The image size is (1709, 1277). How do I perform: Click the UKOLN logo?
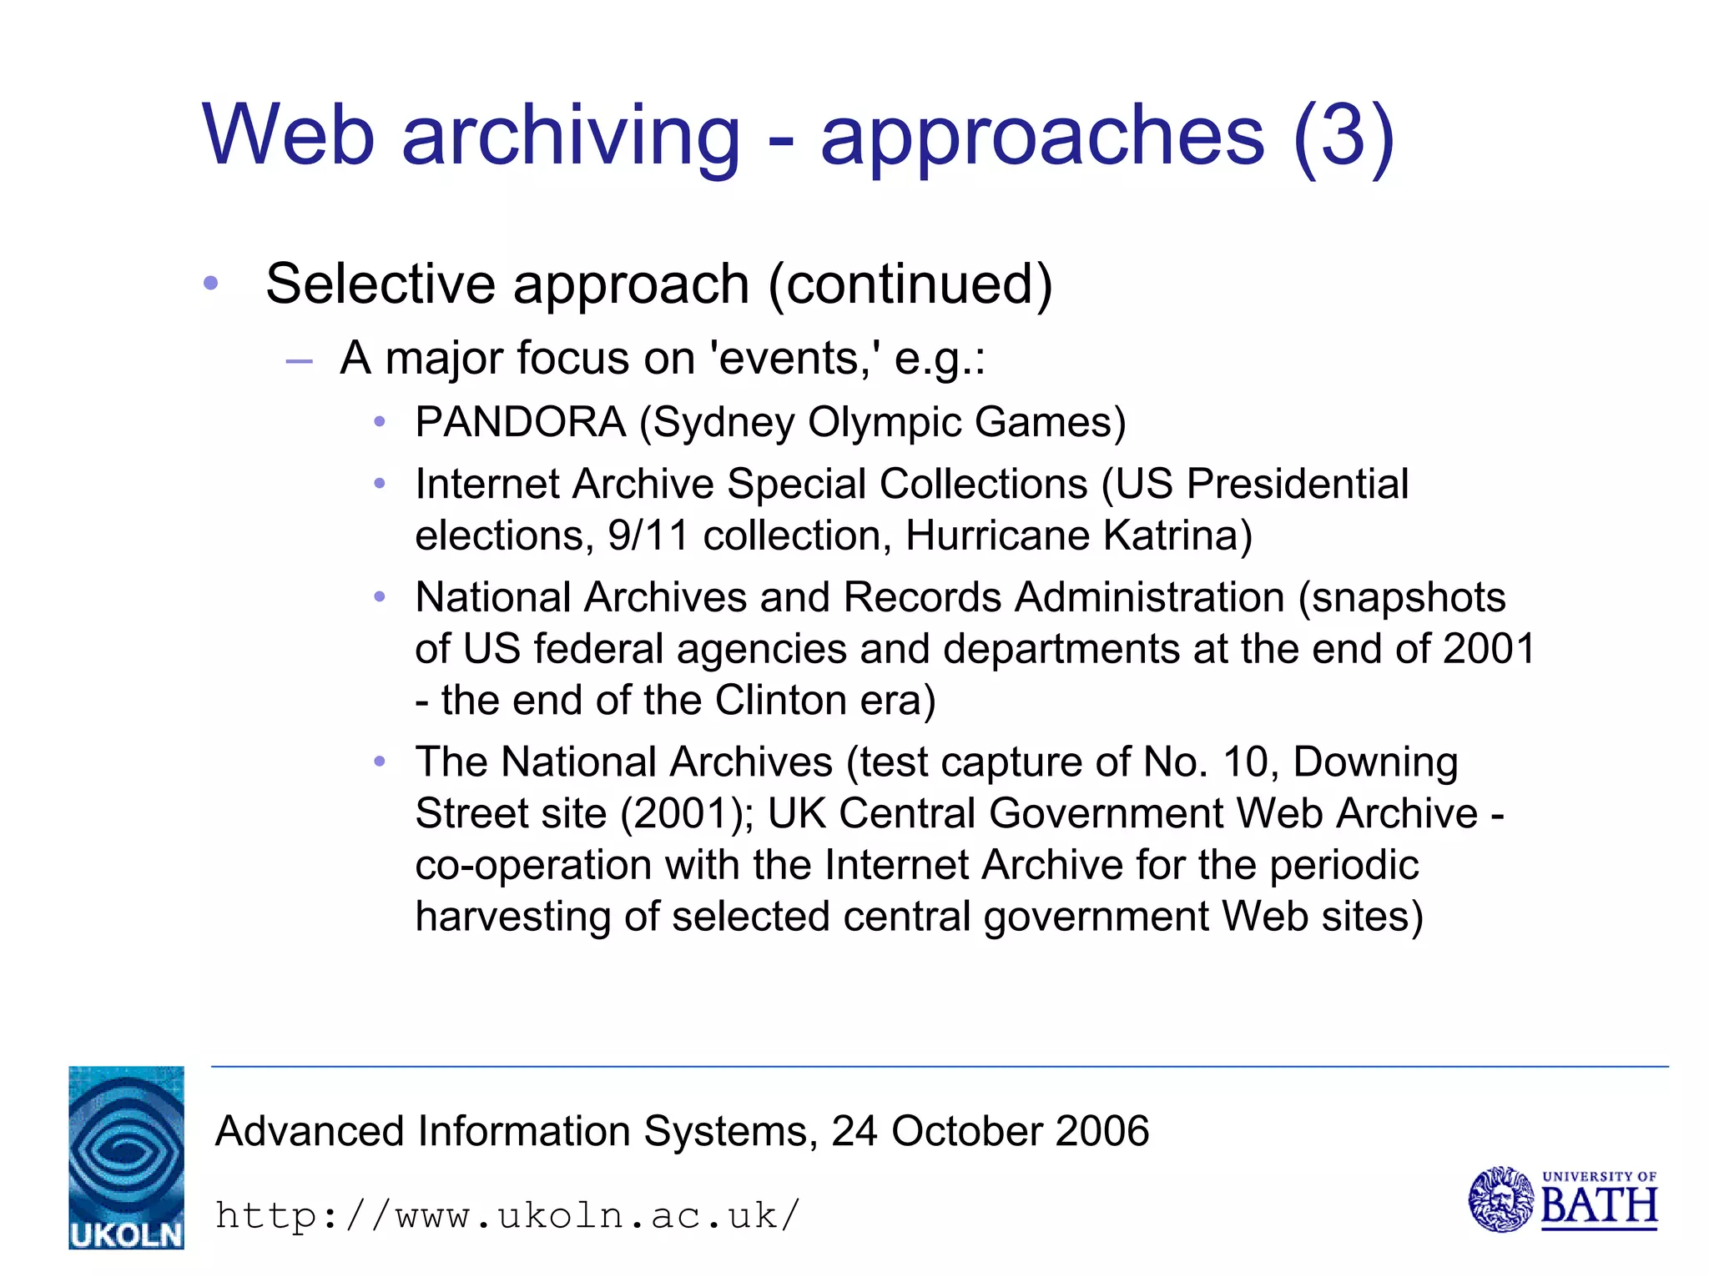coord(126,1157)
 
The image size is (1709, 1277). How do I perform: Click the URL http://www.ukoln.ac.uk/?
coord(507,1215)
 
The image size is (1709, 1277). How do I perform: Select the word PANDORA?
coord(521,422)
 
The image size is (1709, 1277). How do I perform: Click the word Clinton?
coord(781,700)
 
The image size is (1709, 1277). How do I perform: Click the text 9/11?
coord(648,535)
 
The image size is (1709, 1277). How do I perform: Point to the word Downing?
coord(1375,762)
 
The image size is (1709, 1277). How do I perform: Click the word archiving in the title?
coord(571,137)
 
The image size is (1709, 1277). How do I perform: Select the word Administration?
coord(1149,598)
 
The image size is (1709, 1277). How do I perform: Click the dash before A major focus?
coord(299,361)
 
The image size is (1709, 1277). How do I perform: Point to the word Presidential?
coord(1298,485)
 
